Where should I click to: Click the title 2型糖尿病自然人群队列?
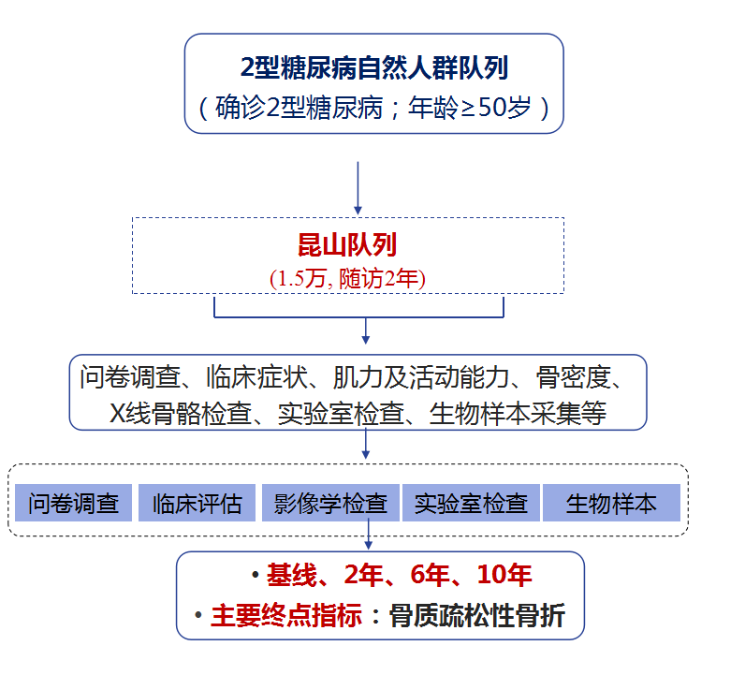[374, 67]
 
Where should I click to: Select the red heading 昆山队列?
[346, 245]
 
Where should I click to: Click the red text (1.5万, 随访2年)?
[346, 277]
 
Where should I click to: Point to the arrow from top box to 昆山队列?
[358, 186]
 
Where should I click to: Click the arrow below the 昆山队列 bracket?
[366, 330]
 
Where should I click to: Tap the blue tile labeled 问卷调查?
[74, 504]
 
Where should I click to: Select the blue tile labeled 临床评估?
[197, 504]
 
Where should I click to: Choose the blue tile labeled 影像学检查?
[330, 504]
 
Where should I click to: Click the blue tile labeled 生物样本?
[611, 504]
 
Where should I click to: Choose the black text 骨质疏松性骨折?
[477, 616]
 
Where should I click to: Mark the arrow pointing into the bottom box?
[369, 536]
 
